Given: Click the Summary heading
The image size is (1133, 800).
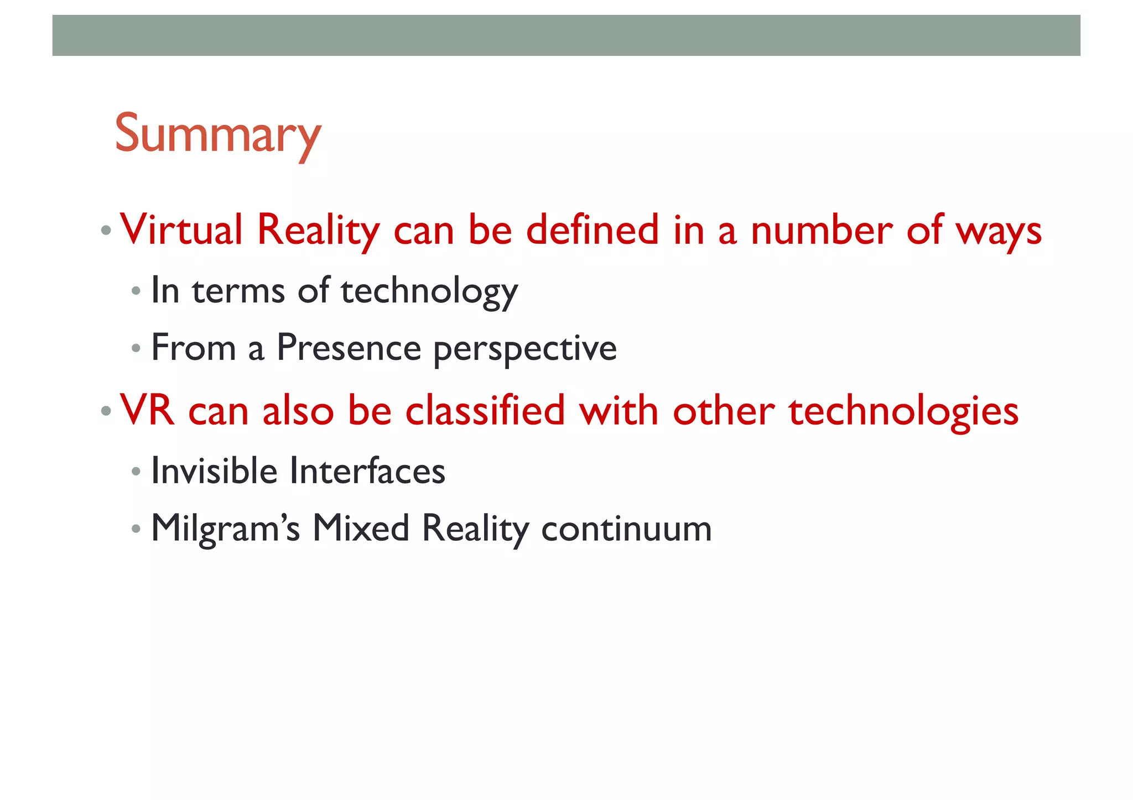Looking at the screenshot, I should point(217,134).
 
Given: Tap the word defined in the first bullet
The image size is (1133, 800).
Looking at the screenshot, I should point(592,230).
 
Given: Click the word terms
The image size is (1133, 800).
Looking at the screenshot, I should point(238,291).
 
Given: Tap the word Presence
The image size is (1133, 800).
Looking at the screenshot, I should point(349,348).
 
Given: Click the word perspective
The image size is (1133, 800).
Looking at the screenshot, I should point(524,350).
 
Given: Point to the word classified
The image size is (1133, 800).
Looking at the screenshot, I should point(485,411).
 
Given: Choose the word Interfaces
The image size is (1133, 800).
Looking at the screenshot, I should point(367,471).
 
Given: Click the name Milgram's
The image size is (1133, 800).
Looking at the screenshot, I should point(225,529).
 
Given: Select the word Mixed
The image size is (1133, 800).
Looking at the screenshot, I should point(361,528).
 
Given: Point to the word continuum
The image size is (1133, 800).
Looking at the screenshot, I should point(626,529).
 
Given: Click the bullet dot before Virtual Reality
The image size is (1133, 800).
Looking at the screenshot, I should point(106,230).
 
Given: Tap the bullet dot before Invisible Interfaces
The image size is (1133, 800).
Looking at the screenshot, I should point(136,472).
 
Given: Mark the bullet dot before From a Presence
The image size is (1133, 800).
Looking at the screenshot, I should point(136,349).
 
